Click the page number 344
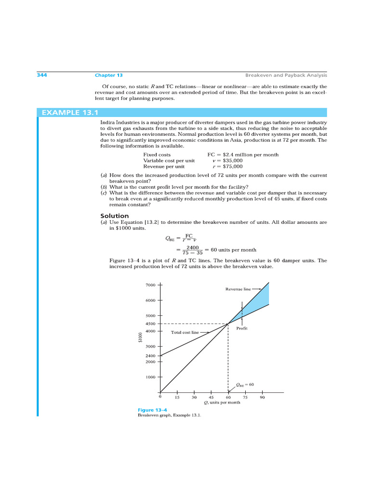(x=42, y=75)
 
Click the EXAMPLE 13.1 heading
(x=70, y=113)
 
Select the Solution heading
(x=114, y=216)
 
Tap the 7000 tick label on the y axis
(x=150, y=285)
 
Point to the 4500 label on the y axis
(x=150, y=324)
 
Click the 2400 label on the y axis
(x=150, y=356)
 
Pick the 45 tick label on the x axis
(x=211, y=398)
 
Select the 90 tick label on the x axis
(x=262, y=398)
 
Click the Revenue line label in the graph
(x=238, y=289)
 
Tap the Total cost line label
(x=185, y=332)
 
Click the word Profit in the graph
(x=242, y=328)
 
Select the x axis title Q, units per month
(x=222, y=402)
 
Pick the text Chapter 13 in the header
(x=108, y=75)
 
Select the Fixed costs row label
(x=157, y=155)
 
